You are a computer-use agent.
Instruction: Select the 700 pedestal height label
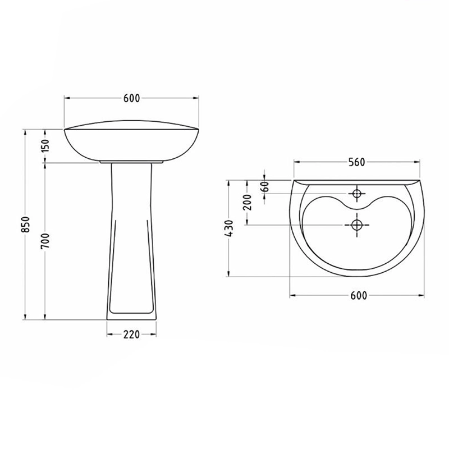coord(45,241)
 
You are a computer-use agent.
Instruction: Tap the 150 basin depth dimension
coord(45,145)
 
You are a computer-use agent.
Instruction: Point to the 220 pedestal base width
coord(131,334)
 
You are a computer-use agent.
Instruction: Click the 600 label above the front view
coord(132,98)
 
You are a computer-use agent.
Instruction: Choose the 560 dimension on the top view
coord(357,162)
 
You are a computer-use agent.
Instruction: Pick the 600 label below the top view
coord(359,295)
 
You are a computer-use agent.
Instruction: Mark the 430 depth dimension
coord(230,228)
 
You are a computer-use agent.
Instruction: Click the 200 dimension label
coord(247,202)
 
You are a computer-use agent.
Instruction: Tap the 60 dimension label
coord(265,186)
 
